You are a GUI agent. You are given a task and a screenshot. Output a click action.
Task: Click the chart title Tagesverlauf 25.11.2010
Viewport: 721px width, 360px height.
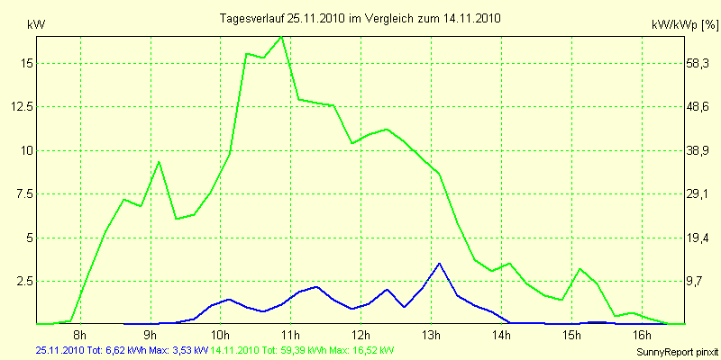pyautogui.click(x=360, y=17)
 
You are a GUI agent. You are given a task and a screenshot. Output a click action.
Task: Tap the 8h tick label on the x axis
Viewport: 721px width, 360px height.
pyautogui.click(x=79, y=336)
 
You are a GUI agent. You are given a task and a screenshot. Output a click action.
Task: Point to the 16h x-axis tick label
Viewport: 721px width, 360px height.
pyautogui.click(x=641, y=336)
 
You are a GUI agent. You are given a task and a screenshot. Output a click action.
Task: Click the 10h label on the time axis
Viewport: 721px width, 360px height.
pyautogui.click(x=220, y=336)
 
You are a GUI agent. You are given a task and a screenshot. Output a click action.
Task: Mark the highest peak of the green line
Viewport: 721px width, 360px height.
pyautogui.click(x=281, y=37)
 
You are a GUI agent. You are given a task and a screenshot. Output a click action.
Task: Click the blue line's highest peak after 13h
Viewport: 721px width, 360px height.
pyautogui.click(x=439, y=263)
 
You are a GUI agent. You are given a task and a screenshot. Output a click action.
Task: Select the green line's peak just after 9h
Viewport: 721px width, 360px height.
pyautogui.click(x=159, y=162)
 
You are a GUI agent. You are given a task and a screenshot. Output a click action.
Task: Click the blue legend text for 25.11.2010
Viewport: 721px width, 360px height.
pyautogui.click(x=122, y=349)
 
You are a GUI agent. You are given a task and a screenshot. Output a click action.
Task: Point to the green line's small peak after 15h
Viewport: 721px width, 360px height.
pyautogui.click(x=580, y=269)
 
